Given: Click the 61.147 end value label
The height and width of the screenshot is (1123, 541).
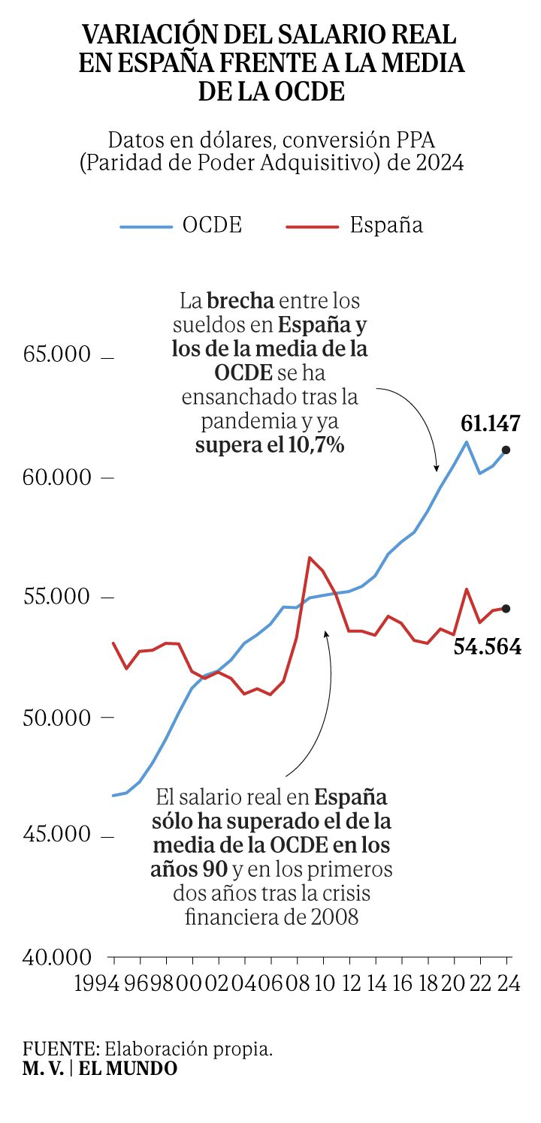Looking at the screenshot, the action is click(x=491, y=423).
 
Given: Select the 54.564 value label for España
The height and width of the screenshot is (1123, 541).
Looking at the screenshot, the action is click(x=488, y=647).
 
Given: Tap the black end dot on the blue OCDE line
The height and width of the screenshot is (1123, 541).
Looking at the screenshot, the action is click(x=506, y=450).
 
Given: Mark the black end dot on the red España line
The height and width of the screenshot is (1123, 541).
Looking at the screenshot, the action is click(x=506, y=609).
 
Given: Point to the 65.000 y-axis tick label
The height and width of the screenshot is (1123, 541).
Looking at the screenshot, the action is click(x=56, y=354).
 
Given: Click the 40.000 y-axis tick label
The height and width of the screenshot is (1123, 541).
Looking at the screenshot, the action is click(x=56, y=957).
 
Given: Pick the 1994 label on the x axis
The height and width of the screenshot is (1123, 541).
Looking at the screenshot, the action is click(x=96, y=983).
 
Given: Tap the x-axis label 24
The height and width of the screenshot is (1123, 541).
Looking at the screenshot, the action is click(x=509, y=983).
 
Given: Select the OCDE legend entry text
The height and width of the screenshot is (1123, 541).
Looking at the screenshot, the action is click(x=212, y=225).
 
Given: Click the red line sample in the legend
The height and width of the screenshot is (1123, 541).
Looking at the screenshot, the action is click(x=312, y=227).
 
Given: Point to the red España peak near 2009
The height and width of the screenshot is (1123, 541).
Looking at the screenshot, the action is click(x=310, y=558).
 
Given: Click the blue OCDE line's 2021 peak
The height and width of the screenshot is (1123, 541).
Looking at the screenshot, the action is click(x=467, y=441).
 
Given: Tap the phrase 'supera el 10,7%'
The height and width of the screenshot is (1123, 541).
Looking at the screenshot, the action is click(x=270, y=444).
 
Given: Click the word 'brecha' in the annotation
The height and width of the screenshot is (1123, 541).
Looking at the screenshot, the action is click(x=240, y=301).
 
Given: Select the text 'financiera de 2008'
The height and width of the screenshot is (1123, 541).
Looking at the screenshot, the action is click(x=271, y=917).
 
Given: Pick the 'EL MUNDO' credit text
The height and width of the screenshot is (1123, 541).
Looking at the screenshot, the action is click(x=128, y=1068).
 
